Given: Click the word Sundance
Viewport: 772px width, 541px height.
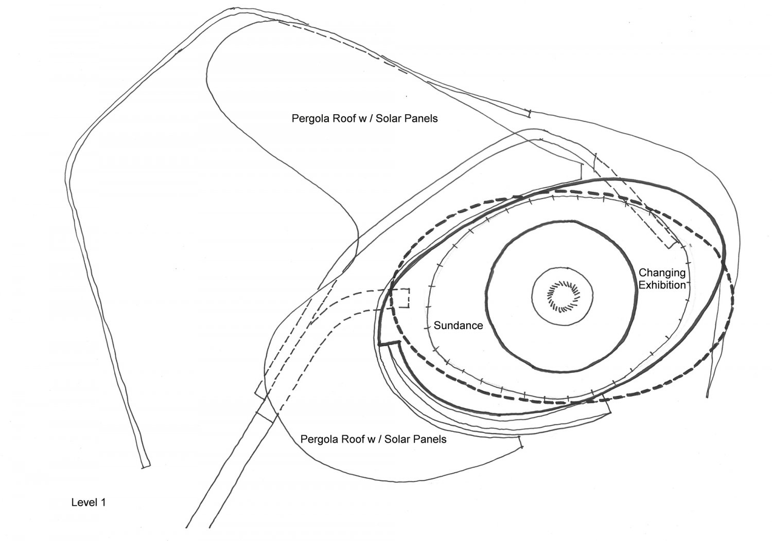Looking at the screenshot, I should pyautogui.click(x=458, y=326).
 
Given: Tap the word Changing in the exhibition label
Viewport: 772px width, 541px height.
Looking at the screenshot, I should pyautogui.click(x=662, y=273).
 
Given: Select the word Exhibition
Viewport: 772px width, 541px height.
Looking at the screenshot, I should pyautogui.click(x=662, y=284).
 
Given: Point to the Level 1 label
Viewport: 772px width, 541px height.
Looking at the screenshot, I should pyautogui.click(x=89, y=502).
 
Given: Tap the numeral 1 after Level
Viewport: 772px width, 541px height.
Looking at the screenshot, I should pyautogui.click(x=103, y=502).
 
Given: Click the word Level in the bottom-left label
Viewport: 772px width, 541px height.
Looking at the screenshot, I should pyautogui.click(x=84, y=502).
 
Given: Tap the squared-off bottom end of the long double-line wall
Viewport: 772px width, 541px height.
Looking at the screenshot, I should pyautogui.click(x=146, y=465).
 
